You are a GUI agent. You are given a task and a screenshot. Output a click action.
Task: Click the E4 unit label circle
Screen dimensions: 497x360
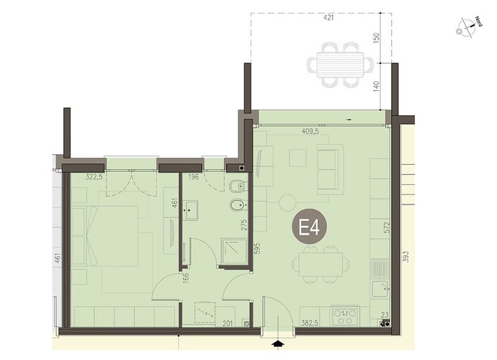309,227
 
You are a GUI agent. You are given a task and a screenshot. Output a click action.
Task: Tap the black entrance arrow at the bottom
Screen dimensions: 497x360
278,344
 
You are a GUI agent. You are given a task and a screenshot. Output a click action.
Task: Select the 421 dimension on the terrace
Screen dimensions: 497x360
328,18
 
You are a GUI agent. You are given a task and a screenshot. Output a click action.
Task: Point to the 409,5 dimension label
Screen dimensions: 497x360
310,131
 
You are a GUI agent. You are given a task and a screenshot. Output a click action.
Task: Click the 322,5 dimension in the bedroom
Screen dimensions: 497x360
94,177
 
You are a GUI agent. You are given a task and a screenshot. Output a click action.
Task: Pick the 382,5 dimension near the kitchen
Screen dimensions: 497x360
310,323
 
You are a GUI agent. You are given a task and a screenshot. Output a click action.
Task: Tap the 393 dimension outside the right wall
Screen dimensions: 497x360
406,256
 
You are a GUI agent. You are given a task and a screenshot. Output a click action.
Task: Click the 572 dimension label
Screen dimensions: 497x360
386,228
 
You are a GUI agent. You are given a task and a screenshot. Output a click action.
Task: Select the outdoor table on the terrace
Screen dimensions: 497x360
340,65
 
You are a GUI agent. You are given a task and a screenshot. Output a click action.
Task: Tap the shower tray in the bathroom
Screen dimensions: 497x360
235,251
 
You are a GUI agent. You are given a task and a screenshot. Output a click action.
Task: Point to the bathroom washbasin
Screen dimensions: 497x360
190,210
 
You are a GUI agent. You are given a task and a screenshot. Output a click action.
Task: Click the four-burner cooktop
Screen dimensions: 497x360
344,315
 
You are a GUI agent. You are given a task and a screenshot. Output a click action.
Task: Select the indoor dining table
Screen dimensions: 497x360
321,264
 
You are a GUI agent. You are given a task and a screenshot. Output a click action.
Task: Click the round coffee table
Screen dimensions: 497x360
288,202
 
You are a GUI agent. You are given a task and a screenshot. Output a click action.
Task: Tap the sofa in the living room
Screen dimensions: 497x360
330,169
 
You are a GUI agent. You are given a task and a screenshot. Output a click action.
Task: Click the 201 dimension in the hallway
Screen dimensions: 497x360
228,323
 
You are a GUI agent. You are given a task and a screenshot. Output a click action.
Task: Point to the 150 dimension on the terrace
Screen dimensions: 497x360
376,38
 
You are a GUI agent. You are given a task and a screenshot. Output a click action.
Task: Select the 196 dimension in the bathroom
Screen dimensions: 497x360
193,177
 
